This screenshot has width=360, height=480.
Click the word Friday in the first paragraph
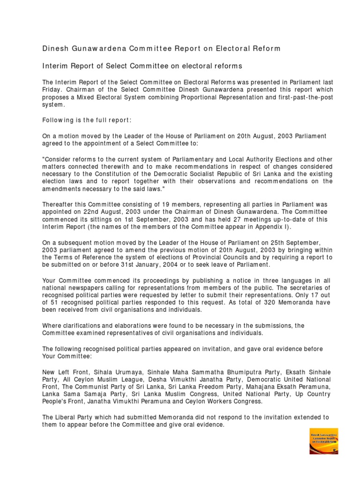[x=52, y=90]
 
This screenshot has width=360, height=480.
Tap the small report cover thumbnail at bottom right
[x=323, y=440]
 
